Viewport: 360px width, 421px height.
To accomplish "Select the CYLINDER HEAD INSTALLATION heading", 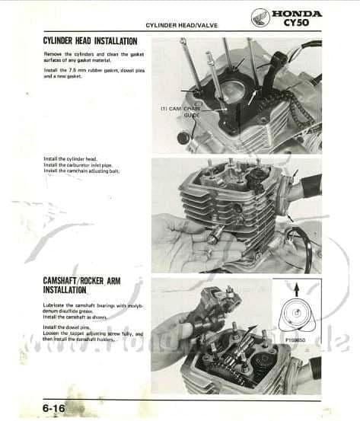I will (90, 41).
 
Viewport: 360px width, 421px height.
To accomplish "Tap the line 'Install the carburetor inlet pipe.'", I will (79, 165).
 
